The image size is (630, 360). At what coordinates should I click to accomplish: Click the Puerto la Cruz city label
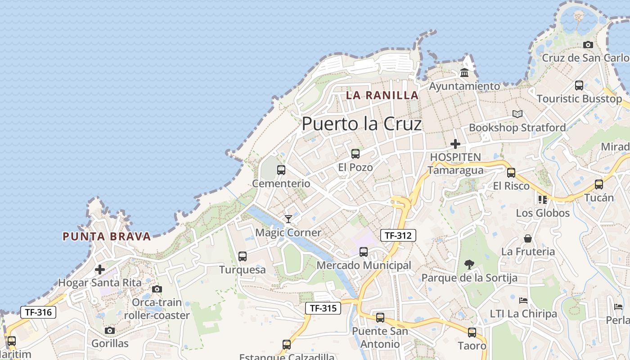(362, 124)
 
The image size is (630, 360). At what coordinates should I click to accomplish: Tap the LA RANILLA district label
(382, 95)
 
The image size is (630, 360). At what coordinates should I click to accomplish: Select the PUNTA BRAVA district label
(107, 237)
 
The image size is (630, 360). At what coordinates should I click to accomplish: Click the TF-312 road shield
(398, 235)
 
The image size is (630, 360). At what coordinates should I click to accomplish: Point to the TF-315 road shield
(323, 308)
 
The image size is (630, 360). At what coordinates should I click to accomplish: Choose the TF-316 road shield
(38, 312)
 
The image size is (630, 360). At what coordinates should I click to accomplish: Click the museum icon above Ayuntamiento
(464, 72)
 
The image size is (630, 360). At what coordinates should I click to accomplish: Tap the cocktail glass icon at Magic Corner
(288, 219)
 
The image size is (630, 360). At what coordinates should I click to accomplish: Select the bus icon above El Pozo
(355, 154)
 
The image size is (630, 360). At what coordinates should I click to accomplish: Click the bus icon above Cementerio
(281, 170)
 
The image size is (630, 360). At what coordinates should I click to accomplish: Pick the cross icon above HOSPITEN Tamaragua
(455, 144)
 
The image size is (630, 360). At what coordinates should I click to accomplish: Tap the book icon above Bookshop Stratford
(517, 114)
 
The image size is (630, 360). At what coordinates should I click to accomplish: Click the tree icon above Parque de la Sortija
(469, 265)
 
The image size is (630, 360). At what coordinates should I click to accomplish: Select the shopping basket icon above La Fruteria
(528, 238)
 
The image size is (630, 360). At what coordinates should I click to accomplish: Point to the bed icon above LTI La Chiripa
(523, 300)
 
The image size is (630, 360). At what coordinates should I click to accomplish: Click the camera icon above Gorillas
(110, 331)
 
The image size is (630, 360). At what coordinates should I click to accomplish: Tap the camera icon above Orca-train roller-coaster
(157, 289)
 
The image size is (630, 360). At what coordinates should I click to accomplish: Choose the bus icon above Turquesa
(243, 256)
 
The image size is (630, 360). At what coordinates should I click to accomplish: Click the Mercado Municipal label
(364, 265)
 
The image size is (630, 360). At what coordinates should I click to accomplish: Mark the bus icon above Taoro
(472, 333)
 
